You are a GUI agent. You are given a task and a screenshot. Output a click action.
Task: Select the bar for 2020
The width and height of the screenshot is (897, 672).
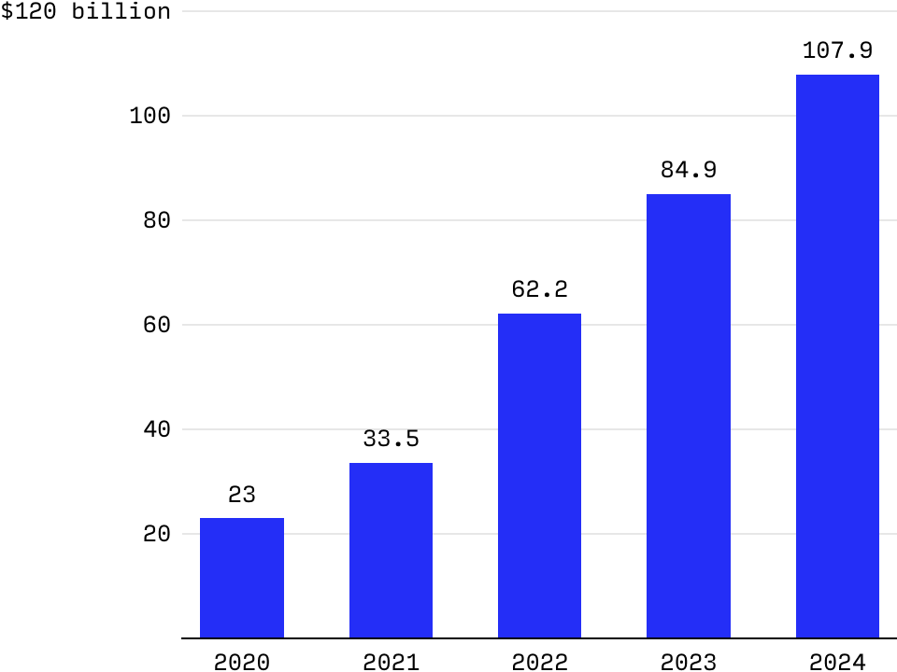pos(241,578)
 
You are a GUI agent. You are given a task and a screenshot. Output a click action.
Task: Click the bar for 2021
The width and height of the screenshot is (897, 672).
pos(391,551)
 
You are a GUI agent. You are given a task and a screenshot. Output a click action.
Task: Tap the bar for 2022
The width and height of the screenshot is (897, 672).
pos(539,476)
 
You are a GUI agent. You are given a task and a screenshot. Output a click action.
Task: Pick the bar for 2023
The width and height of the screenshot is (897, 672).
pos(689,416)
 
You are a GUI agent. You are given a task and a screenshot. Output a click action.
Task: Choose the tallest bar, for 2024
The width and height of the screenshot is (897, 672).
pos(837,357)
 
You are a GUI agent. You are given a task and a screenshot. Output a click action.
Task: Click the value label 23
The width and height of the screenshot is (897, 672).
pos(241,495)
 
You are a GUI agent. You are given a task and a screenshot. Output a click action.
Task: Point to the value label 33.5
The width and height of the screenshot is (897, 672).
pos(391,439)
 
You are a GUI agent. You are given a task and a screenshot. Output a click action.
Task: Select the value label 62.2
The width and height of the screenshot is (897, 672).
pos(539,289)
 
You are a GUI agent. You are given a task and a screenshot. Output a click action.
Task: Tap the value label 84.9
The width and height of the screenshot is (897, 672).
pos(689,170)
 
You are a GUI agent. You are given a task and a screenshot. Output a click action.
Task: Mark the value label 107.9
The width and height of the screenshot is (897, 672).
pos(837,50)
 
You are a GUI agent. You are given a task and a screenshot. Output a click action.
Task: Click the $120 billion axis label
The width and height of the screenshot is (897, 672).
pos(86,11)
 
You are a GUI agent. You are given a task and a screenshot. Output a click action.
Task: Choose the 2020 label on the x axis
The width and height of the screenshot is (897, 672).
pos(241,662)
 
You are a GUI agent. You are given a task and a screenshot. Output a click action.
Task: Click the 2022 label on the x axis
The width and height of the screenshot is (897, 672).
pos(539,662)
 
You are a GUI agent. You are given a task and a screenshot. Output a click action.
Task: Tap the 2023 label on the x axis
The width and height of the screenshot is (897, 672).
pos(689,662)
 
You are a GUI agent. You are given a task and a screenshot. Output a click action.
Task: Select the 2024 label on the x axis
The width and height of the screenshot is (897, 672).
pos(837,662)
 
